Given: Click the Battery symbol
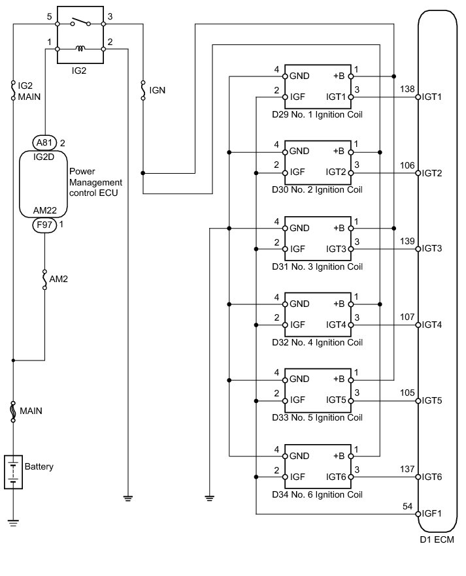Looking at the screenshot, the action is coord(13,472).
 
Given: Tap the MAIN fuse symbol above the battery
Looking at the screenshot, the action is coord(13,411).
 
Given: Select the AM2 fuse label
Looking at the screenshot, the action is coord(58,280).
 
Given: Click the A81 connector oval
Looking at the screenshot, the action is coord(45,142).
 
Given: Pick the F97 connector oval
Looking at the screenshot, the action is coord(45,225).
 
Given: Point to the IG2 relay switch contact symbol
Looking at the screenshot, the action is coord(80,22).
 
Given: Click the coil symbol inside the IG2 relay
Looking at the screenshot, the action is coord(80,48).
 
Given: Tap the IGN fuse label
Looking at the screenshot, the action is coord(158,90).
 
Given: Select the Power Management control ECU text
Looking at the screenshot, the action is coord(95,182).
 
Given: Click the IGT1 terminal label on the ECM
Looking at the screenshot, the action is coord(432,97).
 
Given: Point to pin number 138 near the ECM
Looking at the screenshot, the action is coord(407,89).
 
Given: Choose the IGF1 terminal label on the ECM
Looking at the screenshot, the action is coord(432,513).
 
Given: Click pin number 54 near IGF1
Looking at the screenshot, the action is coord(408,506).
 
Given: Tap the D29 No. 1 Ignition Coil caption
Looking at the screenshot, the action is coord(317,115).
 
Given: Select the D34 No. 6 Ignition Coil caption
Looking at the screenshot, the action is coord(317,494).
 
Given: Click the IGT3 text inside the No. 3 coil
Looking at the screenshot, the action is coord(336,249).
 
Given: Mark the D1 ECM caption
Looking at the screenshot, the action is coord(437,539).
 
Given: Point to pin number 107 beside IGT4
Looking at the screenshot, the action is coord(407,317).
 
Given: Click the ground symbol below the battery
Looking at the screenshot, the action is coord(13,523).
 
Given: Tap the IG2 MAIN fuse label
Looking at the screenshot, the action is coord(29,91).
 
